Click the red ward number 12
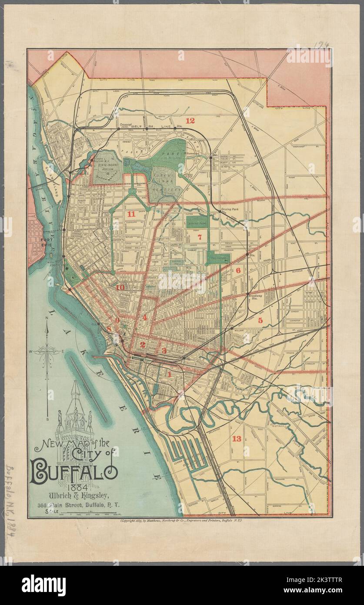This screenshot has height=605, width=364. pos(190,121)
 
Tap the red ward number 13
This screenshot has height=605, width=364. pos(237,438)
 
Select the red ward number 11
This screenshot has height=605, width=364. pos(130,214)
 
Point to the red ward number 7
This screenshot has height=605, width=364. pos(200,237)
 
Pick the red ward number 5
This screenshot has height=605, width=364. pos(260,320)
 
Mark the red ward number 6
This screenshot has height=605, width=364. pos(238,270)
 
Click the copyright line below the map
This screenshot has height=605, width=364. pos(180,520)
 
